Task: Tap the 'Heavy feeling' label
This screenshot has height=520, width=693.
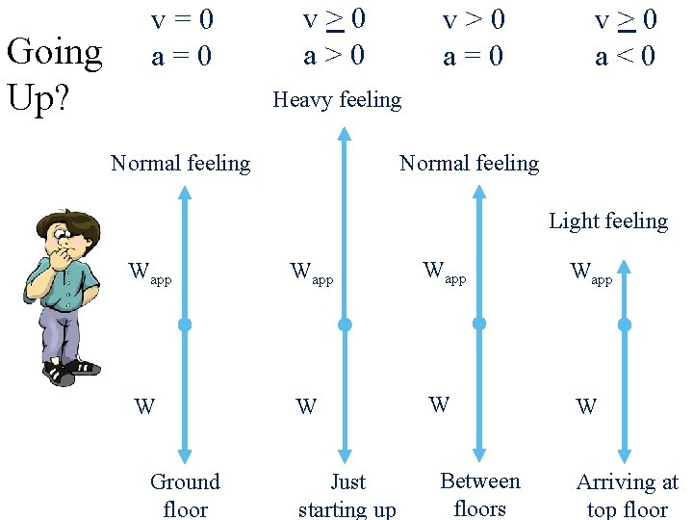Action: pyautogui.click(x=337, y=99)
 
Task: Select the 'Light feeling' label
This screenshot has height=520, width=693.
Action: pyautogui.click(x=607, y=221)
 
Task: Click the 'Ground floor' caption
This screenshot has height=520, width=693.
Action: pyautogui.click(x=185, y=494)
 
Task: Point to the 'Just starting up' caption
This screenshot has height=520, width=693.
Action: pyautogui.click(x=346, y=494)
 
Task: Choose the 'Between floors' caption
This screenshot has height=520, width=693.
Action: pyautogui.click(x=479, y=493)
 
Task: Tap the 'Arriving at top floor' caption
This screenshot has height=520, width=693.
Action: pyautogui.click(x=627, y=494)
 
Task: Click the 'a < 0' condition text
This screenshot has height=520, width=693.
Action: pyautogui.click(x=625, y=57)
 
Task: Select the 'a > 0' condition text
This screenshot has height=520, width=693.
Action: pyautogui.click(x=334, y=55)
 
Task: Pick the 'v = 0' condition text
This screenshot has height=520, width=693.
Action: pyautogui.click(x=182, y=19)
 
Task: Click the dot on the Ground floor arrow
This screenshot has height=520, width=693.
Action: pyautogui.click(x=185, y=325)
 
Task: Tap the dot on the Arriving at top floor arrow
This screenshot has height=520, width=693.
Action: pyautogui.click(x=624, y=325)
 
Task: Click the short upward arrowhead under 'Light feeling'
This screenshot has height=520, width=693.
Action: pyautogui.click(x=624, y=264)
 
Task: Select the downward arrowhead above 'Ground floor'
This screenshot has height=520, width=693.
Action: pyautogui.click(x=185, y=455)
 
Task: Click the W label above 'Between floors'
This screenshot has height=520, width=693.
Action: pyautogui.click(x=438, y=404)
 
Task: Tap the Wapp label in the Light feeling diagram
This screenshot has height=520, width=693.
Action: pyautogui.click(x=590, y=273)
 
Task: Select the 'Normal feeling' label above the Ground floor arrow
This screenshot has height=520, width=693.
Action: pyautogui.click(x=180, y=164)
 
